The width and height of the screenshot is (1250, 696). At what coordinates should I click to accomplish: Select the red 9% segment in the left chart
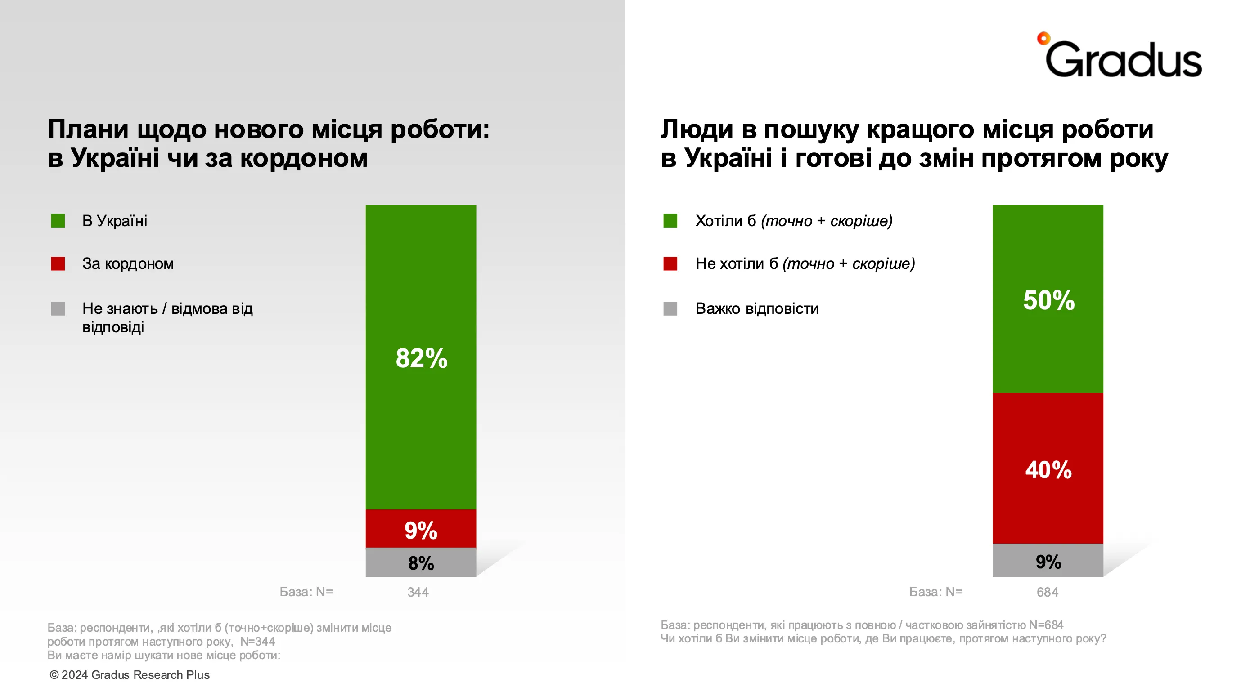click(x=421, y=528)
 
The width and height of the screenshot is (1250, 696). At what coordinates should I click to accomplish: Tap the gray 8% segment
click(x=421, y=562)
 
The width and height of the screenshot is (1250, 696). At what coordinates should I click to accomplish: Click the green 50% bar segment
click(x=1048, y=299)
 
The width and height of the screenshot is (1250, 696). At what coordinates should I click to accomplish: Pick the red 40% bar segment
click(x=1048, y=468)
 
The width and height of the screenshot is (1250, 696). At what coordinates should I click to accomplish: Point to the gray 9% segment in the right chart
click(x=1048, y=561)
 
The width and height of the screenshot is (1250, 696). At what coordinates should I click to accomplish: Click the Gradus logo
click(x=1121, y=57)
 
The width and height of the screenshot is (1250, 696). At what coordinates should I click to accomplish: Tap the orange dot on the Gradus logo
click(x=1043, y=38)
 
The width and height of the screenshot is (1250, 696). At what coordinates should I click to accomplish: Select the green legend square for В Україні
click(x=58, y=221)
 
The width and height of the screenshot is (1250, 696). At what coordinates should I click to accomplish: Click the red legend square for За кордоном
click(x=58, y=263)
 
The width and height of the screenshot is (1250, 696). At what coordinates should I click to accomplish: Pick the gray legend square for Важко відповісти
click(x=670, y=308)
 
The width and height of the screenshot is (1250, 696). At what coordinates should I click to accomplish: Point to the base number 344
click(x=418, y=592)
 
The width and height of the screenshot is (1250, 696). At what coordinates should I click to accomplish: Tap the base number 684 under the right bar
click(x=1047, y=592)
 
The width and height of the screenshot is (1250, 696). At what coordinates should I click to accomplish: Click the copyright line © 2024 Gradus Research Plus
click(x=130, y=675)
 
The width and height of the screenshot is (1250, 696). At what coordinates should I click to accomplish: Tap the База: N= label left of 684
click(x=935, y=592)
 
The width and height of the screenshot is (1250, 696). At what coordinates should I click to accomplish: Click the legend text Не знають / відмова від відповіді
click(x=167, y=317)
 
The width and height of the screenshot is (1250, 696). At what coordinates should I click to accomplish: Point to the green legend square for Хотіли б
click(x=670, y=221)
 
